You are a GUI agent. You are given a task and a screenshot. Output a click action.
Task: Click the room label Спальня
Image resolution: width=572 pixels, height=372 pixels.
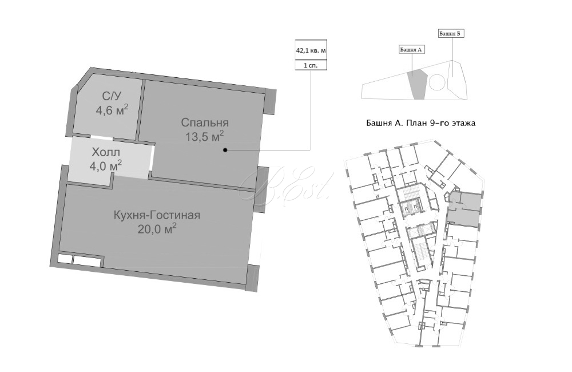205,122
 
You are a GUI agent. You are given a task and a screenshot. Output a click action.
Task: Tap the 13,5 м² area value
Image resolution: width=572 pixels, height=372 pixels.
204,137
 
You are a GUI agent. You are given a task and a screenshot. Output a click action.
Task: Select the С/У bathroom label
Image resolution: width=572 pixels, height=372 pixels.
112,96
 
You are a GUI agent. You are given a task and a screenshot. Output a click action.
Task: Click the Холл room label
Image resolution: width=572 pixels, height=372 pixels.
106,152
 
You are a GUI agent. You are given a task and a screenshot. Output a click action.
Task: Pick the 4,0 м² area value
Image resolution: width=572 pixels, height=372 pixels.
106,166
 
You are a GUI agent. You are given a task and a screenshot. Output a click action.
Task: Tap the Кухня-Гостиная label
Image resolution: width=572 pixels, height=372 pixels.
157,215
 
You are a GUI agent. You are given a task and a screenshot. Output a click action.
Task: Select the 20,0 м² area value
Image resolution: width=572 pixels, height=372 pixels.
157,229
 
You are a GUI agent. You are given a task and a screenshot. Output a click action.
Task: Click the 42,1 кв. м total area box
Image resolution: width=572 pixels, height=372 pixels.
311,50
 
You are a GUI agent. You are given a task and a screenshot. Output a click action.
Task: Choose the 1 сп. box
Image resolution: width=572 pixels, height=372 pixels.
311,65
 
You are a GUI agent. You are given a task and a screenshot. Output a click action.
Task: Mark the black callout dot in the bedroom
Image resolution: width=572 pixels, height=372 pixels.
225,150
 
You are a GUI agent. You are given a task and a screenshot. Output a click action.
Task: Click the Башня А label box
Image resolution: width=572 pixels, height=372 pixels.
412,49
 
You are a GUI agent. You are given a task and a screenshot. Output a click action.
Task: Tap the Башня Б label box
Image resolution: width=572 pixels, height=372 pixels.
451,34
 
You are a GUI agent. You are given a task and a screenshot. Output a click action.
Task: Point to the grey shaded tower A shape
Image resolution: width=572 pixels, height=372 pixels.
418,85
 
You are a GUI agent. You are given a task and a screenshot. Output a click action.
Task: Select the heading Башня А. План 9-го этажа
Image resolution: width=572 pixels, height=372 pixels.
420,123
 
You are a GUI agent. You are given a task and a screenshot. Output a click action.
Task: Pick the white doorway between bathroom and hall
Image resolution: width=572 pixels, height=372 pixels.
102,137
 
